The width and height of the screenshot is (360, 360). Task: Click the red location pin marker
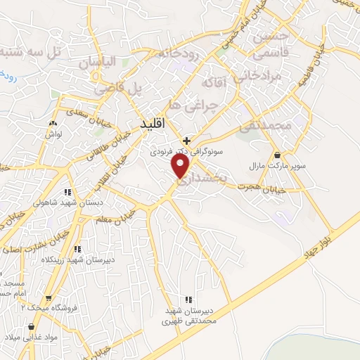181,166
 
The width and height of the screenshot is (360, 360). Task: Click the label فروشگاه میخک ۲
52,307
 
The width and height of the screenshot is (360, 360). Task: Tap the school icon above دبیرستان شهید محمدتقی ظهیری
186,299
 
